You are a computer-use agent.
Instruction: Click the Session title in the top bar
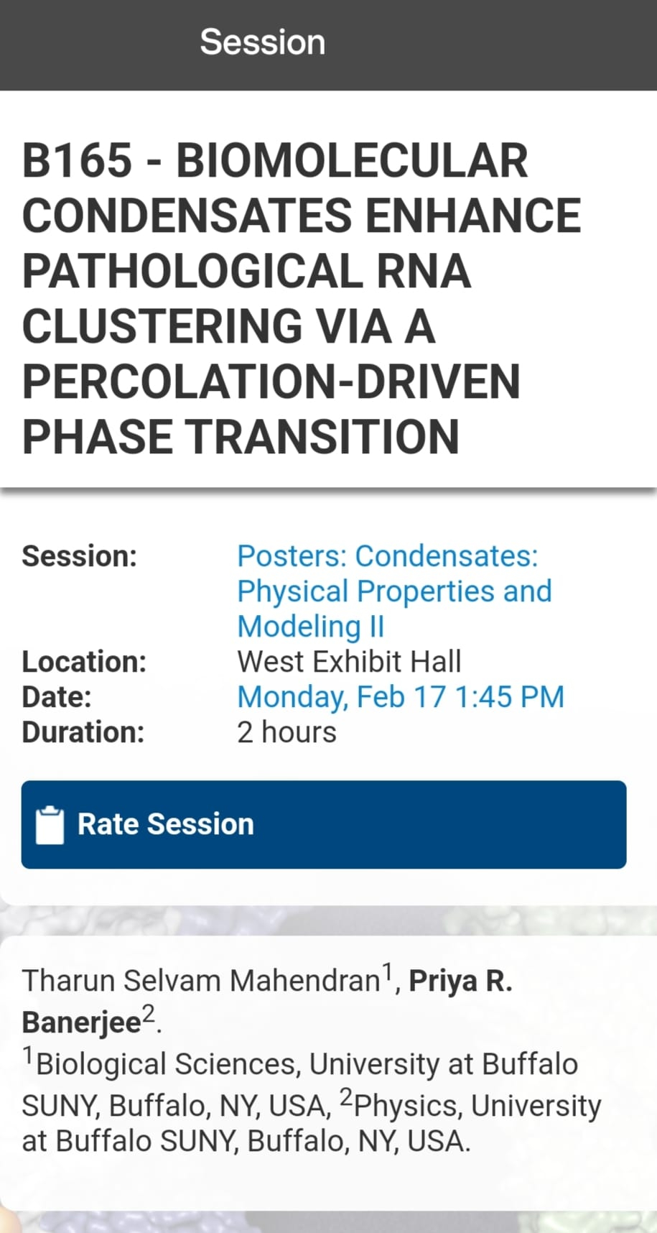(262, 42)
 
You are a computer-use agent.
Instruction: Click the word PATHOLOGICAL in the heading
(193, 271)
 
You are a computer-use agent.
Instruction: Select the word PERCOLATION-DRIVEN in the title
(271, 382)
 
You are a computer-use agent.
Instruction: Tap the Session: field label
(79, 556)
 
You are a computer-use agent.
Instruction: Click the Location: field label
(84, 662)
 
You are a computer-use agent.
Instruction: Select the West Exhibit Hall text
(349, 662)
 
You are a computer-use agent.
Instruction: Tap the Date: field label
(57, 697)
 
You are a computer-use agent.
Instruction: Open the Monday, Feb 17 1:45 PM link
(401, 697)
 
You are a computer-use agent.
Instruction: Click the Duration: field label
(83, 732)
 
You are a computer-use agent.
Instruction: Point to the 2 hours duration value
(286, 732)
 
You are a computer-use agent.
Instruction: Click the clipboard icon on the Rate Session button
(50, 825)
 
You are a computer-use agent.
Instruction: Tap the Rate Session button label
(165, 824)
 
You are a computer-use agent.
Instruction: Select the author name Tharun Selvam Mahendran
(200, 981)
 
